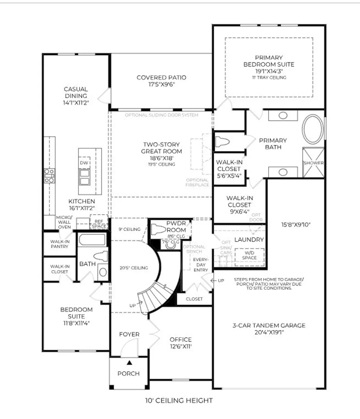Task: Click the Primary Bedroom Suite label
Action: pos(269,61)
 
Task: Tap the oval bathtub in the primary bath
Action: pos(312,129)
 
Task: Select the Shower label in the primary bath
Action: pos(313,163)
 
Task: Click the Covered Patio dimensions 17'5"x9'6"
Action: pos(161,85)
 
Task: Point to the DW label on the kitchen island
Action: pos(84,163)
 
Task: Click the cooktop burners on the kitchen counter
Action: pos(49,176)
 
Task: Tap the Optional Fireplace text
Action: pos(197,182)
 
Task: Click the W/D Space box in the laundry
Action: pos(249,255)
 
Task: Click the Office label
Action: pos(181,340)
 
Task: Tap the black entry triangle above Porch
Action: pos(129,362)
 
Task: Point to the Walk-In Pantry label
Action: pos(60,244)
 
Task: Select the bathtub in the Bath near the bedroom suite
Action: pos(91,240)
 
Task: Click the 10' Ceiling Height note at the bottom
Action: pos(179,400)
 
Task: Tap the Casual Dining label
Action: pos(76,92)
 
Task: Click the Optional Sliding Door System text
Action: pos(161,115)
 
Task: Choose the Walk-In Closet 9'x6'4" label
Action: pos(239,205)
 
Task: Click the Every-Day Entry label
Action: pos(200,265)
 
